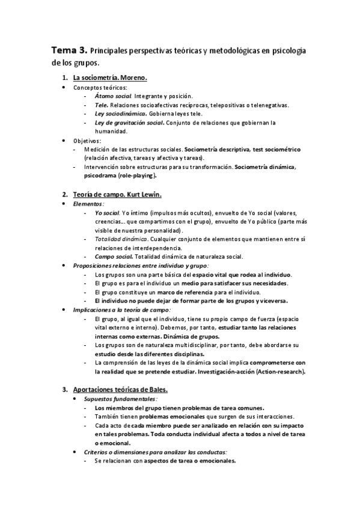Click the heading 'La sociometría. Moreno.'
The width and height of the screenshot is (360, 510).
pos(110,78)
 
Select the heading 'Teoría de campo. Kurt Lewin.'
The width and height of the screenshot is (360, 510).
pos(117,195)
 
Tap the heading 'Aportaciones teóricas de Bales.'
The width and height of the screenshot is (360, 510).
pos(120,390)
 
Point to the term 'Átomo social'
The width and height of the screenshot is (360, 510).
pos(113,96)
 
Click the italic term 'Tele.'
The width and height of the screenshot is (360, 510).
pos(102,105)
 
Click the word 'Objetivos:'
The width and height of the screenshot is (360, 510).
pos(87,141)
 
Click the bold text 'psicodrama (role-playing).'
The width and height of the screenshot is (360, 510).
pos(121,176)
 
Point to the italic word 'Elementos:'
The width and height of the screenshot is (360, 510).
pos(88,204)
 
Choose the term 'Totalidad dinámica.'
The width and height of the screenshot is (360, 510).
pos(121,239)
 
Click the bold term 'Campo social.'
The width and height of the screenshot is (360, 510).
pos(114,257)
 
